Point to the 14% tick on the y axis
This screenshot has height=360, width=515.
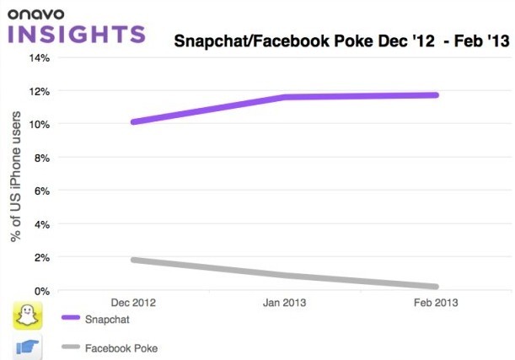point(40,57)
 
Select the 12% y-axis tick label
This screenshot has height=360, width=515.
point(40,91)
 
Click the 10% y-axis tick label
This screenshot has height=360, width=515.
point(40,124)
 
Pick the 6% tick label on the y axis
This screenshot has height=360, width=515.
point(43,191)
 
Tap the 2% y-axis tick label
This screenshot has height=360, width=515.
point(43,257)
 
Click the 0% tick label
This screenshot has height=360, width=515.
point(43,291)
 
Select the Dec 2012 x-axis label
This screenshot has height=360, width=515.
point(133,302)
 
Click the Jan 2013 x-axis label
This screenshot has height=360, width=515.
point(285,302)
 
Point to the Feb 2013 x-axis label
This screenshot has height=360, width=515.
point(437,302)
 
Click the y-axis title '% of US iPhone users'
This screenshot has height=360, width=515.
point(16,175)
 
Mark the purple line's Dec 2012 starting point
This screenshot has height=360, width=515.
point(133,121)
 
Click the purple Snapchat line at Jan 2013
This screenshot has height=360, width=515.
point(285,97)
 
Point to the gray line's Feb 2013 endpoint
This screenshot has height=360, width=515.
point(436,287)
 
